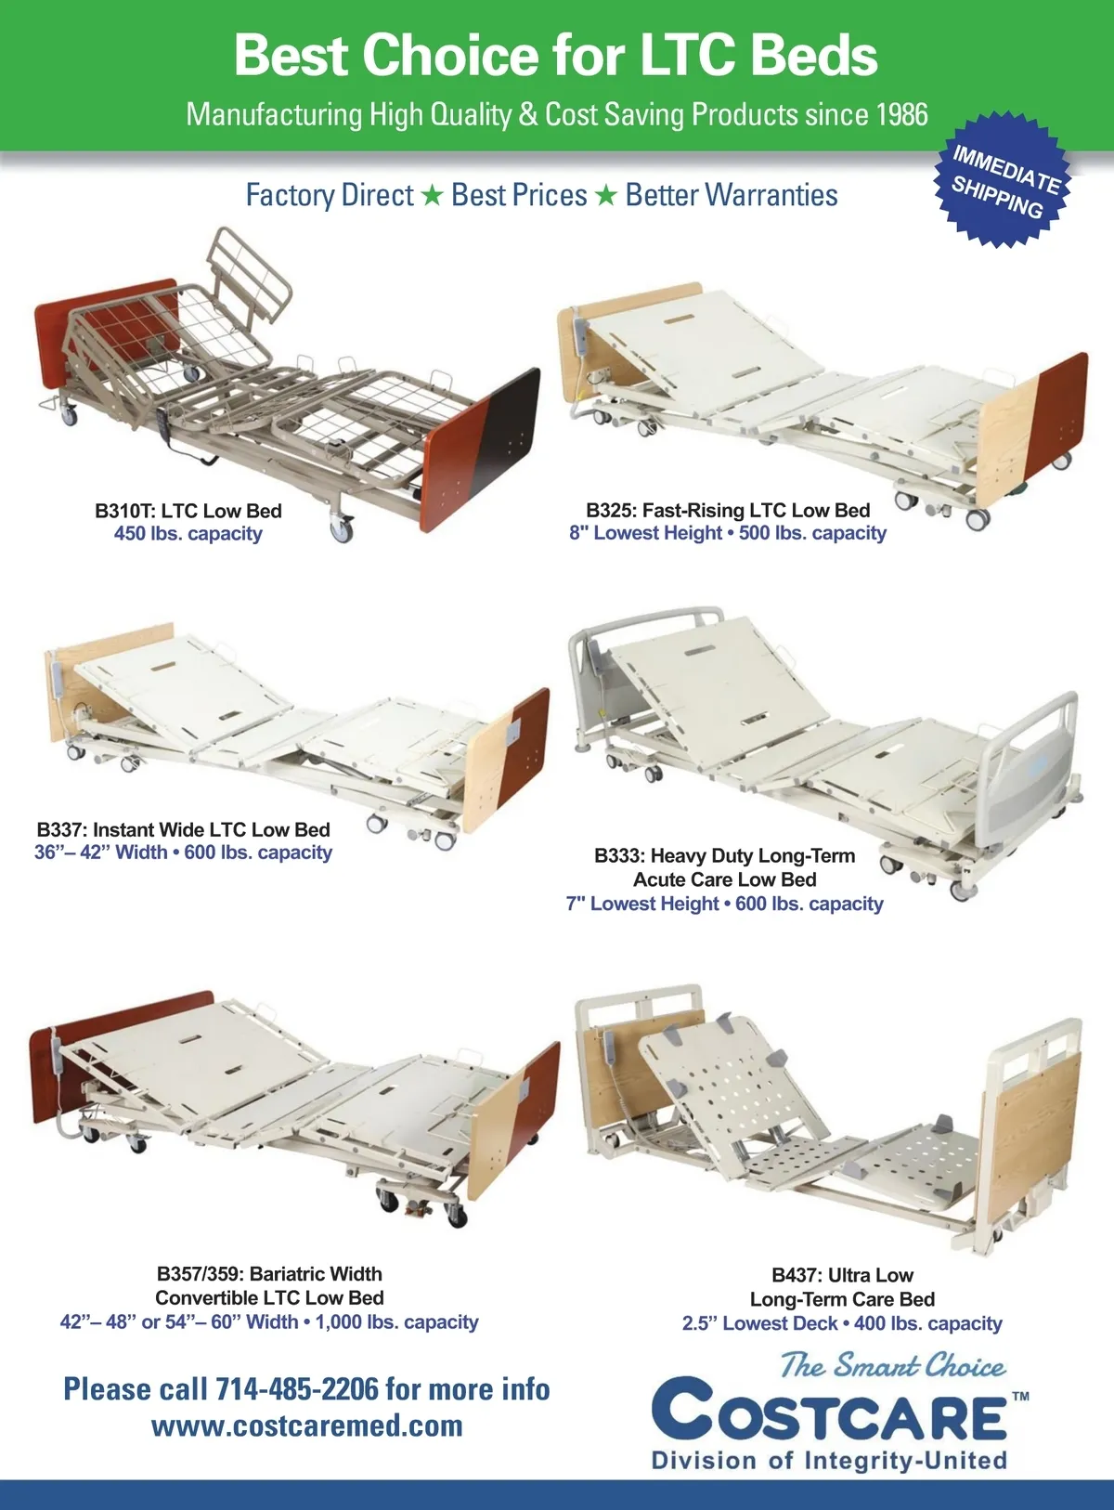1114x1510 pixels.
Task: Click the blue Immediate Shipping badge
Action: (x=1003, y=180)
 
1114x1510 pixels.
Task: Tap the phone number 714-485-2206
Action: (x=297, y=1389)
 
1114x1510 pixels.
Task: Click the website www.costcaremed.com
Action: (x=307, y=1426)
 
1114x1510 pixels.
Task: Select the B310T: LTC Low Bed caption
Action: (x=188, y=511)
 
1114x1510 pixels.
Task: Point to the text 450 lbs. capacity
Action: (x=188, y=533)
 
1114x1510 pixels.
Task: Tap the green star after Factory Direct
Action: (x=432, y=196)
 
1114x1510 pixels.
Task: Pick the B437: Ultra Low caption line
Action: (x=843, y=1275)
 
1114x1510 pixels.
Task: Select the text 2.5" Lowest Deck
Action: (x=759, y=1322)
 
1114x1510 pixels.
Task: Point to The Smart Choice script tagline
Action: (x=893, y=1365)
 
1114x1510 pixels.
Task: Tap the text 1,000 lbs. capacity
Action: (x=396, y=1321)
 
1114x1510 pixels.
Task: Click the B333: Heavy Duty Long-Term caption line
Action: (x=725, y=855)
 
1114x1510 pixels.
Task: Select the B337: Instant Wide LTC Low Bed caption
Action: (x=184, y=829)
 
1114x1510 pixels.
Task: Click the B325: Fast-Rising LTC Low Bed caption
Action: (x=728, y=510)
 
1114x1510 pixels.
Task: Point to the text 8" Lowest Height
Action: (x=646, y=532)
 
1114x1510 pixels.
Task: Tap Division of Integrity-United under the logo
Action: (x=830, y=1460)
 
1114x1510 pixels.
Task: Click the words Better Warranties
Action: (x=732, y=195)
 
